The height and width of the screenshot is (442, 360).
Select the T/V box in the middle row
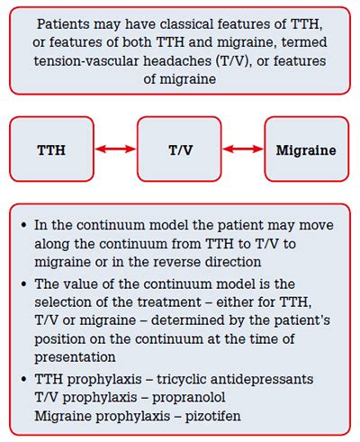pos(180,149)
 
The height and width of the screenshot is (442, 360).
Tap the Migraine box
pos(306,149)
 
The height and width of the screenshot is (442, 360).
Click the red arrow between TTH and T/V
pos(117,149)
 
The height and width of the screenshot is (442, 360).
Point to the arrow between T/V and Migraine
pos(244,149)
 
